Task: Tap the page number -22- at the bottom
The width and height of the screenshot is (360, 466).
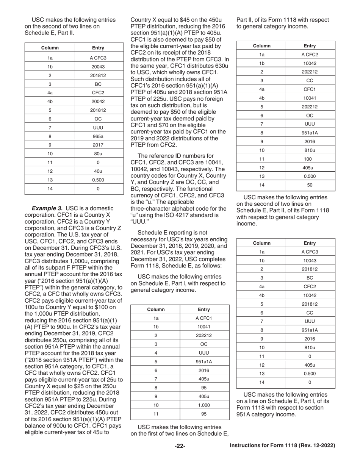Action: [180, 446]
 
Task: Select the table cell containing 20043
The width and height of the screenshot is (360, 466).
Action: [98, 66]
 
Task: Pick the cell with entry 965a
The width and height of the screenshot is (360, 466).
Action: [98, 136]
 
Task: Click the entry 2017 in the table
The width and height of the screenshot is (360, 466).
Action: [98, 145]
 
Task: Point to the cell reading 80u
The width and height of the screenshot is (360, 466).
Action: [98, 153]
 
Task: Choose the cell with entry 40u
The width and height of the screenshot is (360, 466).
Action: [98, 171]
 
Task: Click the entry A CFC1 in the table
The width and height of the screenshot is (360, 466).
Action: [204, 318]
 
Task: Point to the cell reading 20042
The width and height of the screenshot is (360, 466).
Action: [98, 101]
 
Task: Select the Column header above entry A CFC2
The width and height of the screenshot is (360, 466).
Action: [261, 46]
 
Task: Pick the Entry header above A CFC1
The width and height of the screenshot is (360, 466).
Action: [204, 309]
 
